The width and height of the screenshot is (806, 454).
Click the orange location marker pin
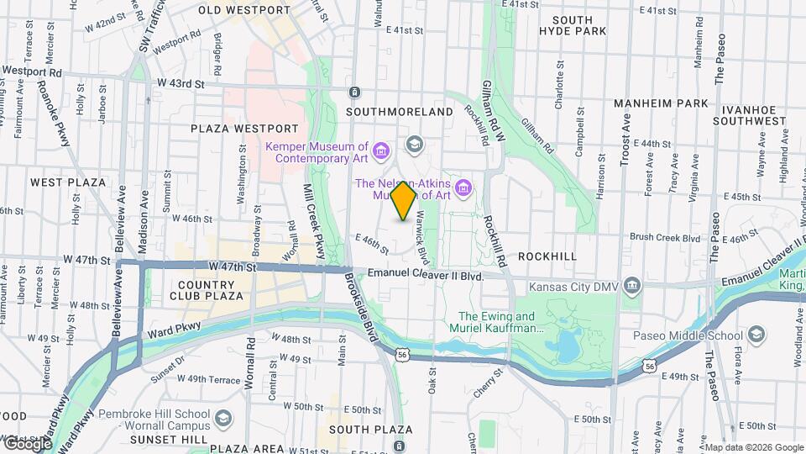pos(404,201)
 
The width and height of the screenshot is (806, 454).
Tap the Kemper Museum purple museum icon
pos(381,151)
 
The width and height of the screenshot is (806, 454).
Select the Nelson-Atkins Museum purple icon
pos(463,184)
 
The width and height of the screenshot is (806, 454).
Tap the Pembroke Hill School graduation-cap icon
pos(223,418)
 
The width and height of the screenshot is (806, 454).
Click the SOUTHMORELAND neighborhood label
pos(399,111)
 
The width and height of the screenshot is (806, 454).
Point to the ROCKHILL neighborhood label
pos(547,255)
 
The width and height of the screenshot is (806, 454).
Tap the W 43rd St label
pos(181,83)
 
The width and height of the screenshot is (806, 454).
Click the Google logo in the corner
pos(27,443)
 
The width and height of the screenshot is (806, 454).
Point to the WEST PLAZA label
pos(68,182)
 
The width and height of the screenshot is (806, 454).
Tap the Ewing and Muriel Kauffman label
pos(497,322)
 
